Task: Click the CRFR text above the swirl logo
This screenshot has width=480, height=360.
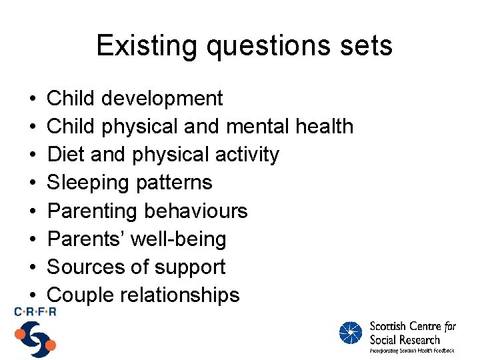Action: point(34,311)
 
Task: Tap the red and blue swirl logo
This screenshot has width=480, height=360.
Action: point(35,338)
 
